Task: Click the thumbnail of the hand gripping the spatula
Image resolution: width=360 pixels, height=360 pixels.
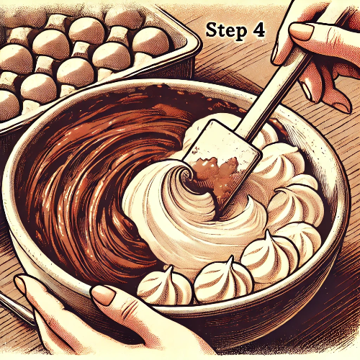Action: point(302,32)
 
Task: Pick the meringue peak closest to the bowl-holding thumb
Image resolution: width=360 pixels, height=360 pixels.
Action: point(165,286)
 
